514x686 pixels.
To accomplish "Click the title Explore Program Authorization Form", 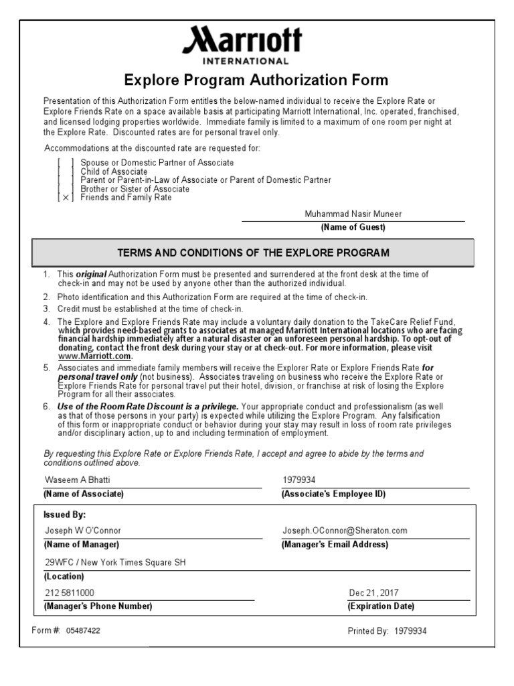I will pos(256,80).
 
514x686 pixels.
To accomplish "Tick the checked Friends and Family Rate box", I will pos(65,198).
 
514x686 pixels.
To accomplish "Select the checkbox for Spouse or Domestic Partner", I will pos(65,163).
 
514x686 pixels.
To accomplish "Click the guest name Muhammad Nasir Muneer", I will pos(353,214).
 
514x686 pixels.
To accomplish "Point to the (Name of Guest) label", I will pos(353,227).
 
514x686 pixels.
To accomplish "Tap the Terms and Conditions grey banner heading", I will pos(253,253).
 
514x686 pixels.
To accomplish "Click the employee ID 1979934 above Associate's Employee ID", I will pos(298,480).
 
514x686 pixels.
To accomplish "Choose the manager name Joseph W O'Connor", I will pos(83,531).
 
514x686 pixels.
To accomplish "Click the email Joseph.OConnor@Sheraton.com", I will pos(345,531).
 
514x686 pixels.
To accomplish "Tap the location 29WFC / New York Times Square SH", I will pos(115,562).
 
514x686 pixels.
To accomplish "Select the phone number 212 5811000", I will pos(70,593).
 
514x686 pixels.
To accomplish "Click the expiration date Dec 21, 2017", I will pos(373,593).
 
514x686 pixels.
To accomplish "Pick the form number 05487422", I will pos(84,630).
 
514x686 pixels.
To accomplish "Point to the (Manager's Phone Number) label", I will pos(98,606).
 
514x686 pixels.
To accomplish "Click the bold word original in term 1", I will pos(90,275).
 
